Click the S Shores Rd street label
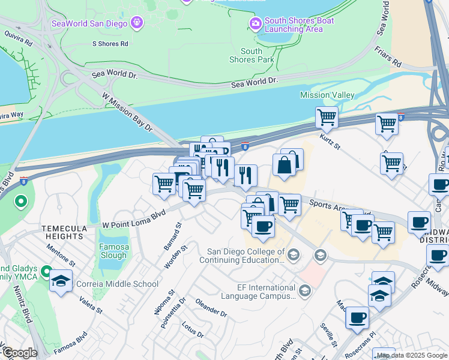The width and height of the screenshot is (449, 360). pyautogui.click(x=110, y=44)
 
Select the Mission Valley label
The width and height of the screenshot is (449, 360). pyautogui.click(x=327, y=95)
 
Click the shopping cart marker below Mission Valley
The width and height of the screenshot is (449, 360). pyautogui.click(x=327, y=117)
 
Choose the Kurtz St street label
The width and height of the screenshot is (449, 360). pyautogui.click(x=330, y=144)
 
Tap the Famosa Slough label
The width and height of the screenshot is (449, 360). pyautogui.click(x=113, y=251)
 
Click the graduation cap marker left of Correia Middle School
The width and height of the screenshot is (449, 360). pyautogui.click(x=61, y=281)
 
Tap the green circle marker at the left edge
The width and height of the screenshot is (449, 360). pyautogui.click(x=21, y=201)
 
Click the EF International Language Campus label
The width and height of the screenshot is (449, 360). pyautogui.click(x=250, y=292)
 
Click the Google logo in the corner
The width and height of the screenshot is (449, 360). pyautogui.click(x=19, y=353)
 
